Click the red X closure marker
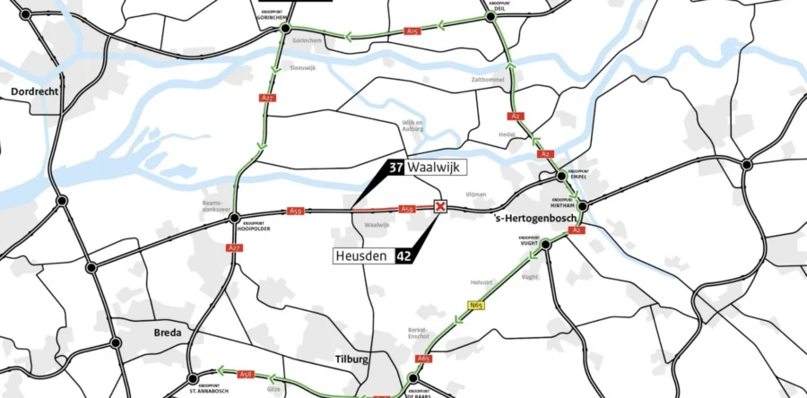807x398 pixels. point(439,207)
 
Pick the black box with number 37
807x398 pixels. point(395,168)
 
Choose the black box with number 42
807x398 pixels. point(403,256)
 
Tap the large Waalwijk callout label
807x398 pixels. point(436,168)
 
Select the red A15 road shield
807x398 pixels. point(412,31)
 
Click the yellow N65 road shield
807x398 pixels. point(476,306)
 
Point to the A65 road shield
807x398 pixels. point(424,359)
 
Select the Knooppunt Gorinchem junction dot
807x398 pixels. point(285,29)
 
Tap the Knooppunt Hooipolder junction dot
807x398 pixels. point(234,217)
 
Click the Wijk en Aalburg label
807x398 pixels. point(413,125)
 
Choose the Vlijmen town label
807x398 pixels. point(477,194)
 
